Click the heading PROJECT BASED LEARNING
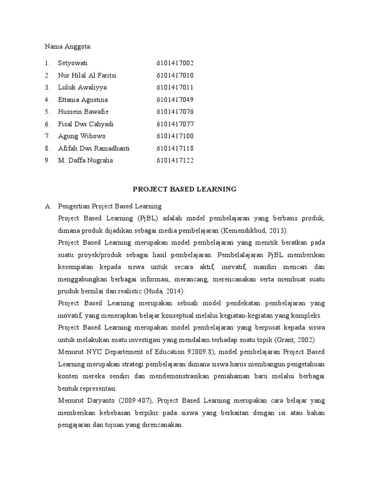pos(185,189)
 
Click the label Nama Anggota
pos(68,46)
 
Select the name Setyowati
pos(73,63)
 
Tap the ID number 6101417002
pos(175,63)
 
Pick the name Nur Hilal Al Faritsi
pos(87,75)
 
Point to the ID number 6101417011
pos(175,87)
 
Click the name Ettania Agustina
pos(83,99)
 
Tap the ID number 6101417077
pos(175,124)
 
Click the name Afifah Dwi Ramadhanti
pos(93,148)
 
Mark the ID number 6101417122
pos(175,160)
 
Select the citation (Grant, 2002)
pos(289,340)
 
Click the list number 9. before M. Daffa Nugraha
pos(47,160)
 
